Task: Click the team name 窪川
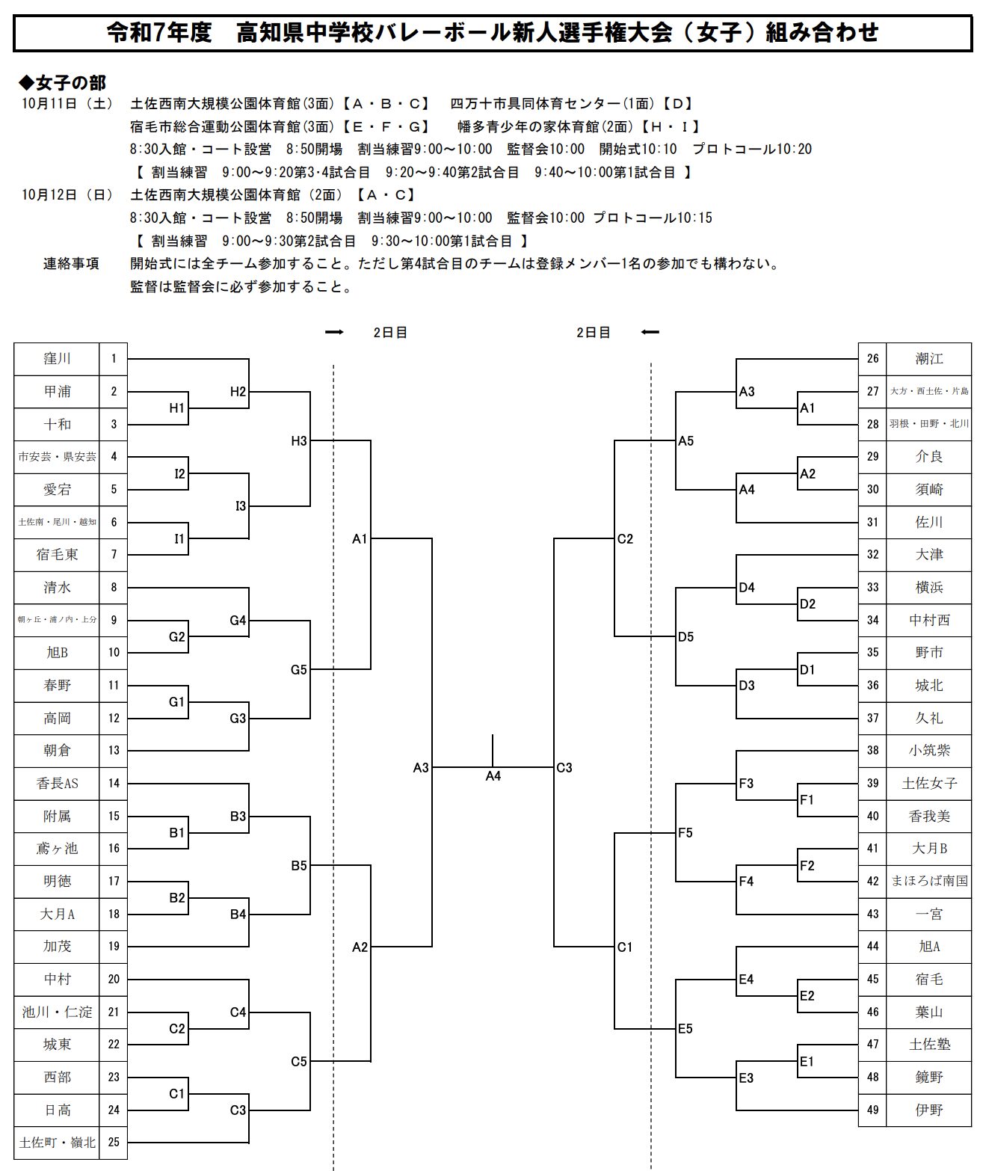(57, 359)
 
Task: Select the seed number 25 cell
(114, 1143)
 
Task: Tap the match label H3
(299, 441)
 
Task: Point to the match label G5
(299, 670)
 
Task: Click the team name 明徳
(57, 882)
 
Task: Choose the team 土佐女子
(929, 784)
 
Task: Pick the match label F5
(685, 833)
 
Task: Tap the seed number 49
(872, 1110)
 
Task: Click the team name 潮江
(929, 359)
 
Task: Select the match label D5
(685, 637)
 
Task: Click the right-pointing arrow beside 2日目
(334, 333)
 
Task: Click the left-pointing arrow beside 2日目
(650, 333)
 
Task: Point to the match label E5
(685, 1029)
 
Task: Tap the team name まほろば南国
(929, 882)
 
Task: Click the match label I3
(241, 507)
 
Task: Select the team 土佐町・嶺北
(57, 1143)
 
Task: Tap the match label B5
(299, 866)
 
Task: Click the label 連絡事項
(71, 264)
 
